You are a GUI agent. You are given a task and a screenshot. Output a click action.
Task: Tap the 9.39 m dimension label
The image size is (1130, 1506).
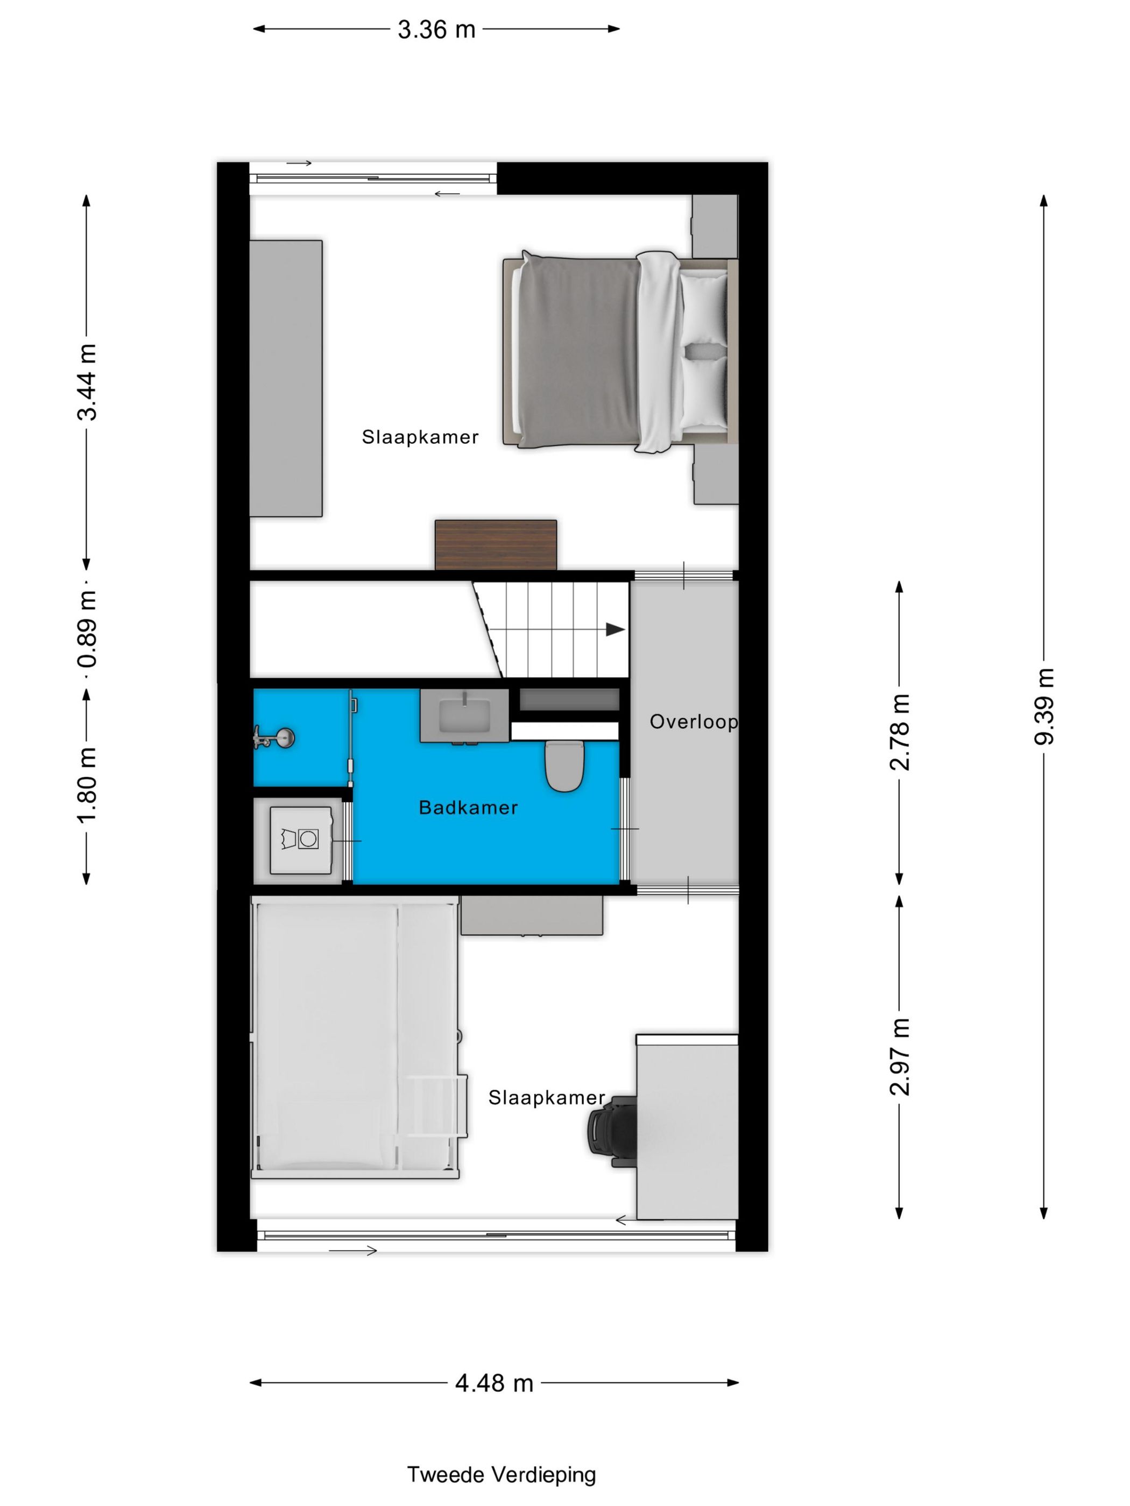coord(1043,707)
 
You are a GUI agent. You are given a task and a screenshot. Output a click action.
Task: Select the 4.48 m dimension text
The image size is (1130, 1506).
coord(494,1383)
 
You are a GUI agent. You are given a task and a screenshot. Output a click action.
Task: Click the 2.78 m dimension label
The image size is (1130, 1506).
coord(899,732)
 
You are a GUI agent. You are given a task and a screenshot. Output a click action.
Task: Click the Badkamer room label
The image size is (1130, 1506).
coord(468,808)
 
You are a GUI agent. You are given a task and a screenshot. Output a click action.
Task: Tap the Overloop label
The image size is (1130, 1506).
coord(693,722)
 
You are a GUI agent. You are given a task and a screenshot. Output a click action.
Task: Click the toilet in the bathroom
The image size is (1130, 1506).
coord(564,766)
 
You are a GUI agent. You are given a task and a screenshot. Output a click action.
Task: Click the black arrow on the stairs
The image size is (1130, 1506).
coord(615,629)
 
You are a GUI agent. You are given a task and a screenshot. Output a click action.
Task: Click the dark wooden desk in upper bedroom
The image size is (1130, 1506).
coord(496,545)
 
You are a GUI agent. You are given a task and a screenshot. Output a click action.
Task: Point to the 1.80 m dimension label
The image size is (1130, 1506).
coord(87,785)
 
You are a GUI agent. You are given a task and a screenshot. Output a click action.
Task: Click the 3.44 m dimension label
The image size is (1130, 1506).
coord(87,382)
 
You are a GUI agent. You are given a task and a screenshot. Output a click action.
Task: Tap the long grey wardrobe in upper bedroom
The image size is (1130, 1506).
coord(285,379)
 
